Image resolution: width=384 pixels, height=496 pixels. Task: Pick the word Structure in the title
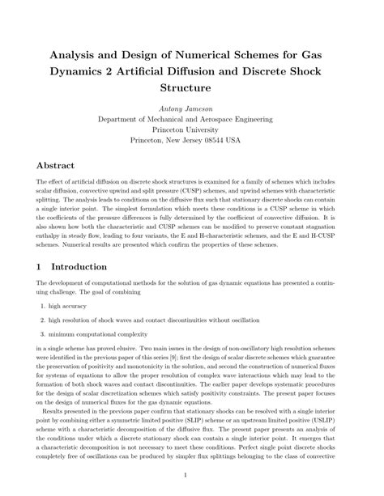point(192,84)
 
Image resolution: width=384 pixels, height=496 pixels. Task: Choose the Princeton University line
point(192,129)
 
